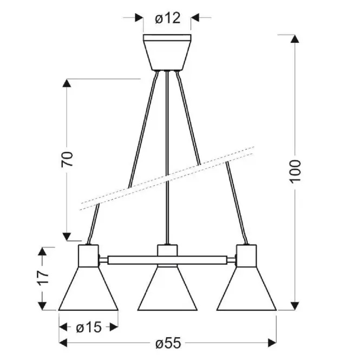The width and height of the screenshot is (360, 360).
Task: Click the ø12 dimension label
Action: (168, 18)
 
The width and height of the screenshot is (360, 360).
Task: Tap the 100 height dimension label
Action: (295, 172)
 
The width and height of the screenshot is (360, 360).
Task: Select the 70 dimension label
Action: (67, 159)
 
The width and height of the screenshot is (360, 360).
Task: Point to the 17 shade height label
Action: (43, 278)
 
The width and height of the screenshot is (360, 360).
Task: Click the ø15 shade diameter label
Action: (89, 327)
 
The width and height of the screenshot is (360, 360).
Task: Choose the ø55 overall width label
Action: (168, 343)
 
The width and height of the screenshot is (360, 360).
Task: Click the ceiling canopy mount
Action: (167, 53)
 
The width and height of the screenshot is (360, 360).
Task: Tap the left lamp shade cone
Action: (88, 289)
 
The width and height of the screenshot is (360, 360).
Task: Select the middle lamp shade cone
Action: (167, 289)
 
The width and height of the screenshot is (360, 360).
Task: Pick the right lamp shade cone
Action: (246, 289)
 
